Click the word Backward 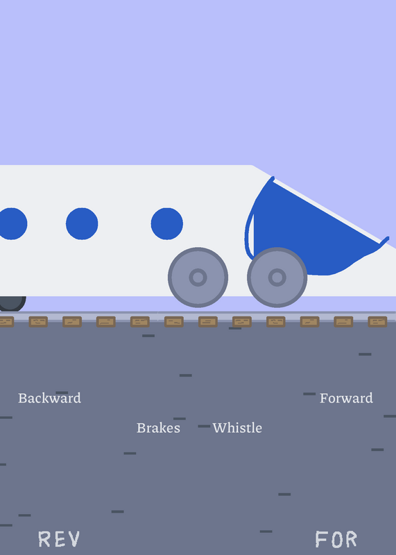tap(49, 398)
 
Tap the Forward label tap(346, 398)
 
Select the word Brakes tap(158, 428)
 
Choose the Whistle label tap(237, 428)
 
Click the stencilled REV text tap(59, 539)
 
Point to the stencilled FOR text tap(336, 539)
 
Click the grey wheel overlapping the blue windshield tap(277, 277)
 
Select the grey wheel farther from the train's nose tap(198, 277)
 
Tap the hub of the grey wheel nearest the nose tap(277, 277)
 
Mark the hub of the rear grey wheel tap(198, 277)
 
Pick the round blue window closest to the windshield tap(167, 223)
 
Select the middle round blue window tap(82, 223)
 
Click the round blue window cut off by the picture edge tap(12, 223)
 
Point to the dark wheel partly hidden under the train tap(12, 303)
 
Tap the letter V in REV tap(74, 539)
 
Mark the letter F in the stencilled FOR tap(321, 539)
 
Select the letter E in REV tap(60, 539)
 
